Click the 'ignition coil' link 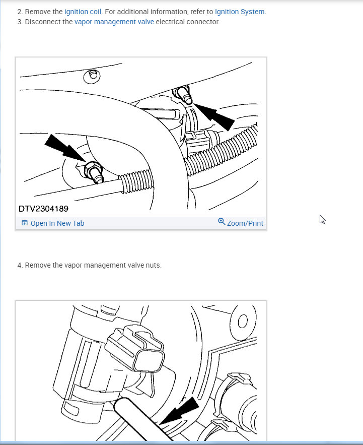click(x=83, y=12)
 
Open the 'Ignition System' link click(x=240, y=12)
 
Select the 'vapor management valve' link click(x=114, y=22)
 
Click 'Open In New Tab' click(x=57, y=223)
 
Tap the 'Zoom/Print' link click(x=245, y=223)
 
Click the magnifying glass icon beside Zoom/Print click(x=222, y=221)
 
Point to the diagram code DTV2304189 click(x=43, y=209)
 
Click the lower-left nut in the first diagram click(x=94, y=172)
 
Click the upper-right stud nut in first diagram click(x=183, y=94)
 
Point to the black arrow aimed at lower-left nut click(x=65, y=148)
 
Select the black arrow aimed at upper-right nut click(x=214, y=116)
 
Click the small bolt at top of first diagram click(x=92, y=76)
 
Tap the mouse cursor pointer click(x=322, y=220)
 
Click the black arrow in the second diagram click(x=179, y=410)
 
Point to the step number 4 click(x=20, y=266)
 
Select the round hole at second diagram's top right click(x=243, y=322)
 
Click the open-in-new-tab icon click(x=25, y=223)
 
